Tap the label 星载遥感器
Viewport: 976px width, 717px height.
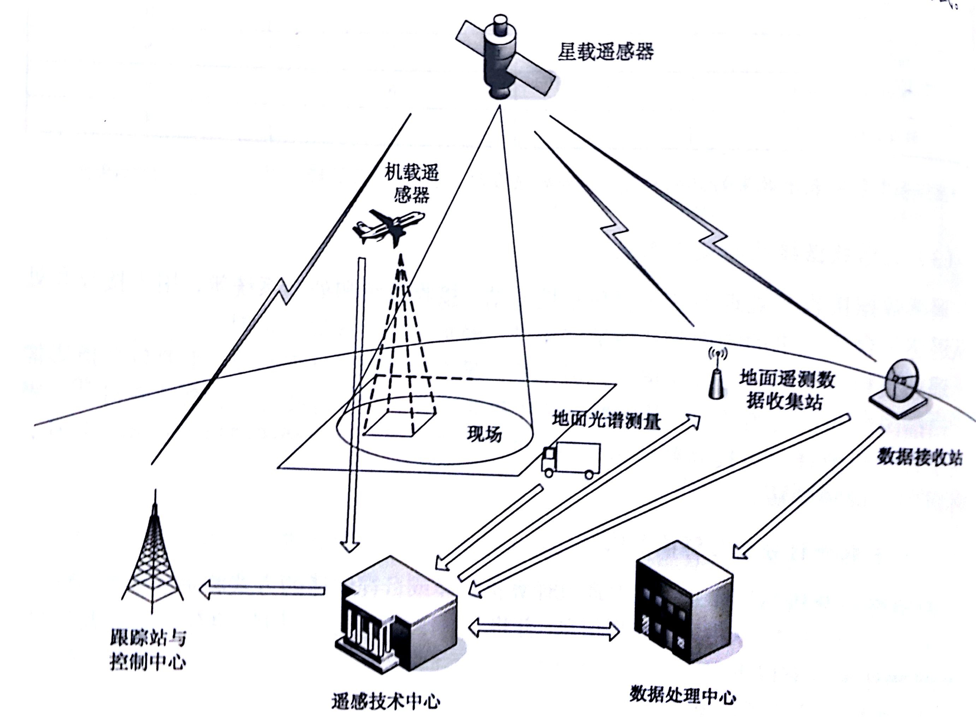pyautogui.click(x=606, y=52)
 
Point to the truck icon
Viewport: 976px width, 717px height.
pyautogui.click(x=570, y=460)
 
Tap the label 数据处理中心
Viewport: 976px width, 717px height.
pyautogui.click(x=682, y=696)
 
